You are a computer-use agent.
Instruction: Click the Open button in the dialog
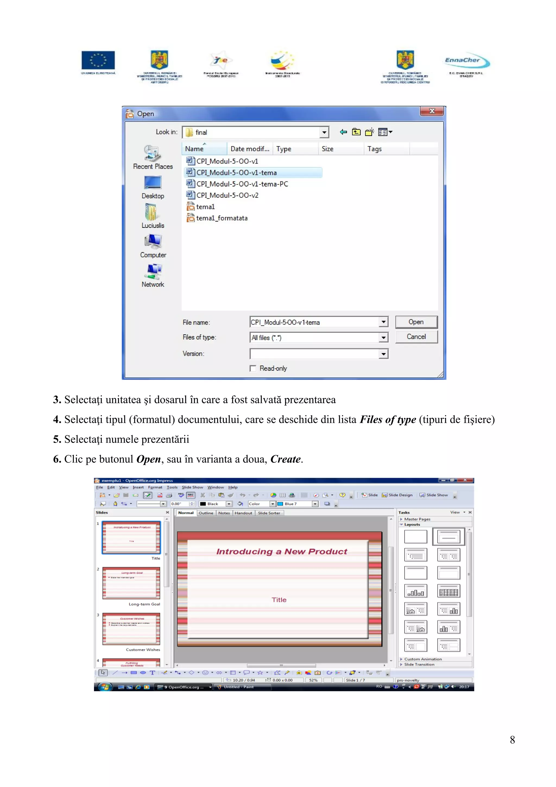pos(416,322)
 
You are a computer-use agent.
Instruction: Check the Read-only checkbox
pos(253,369)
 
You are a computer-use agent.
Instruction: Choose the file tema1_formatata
pos(221,218)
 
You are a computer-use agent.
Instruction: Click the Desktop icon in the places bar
pos(153,187)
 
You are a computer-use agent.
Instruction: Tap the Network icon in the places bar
pos(153,275)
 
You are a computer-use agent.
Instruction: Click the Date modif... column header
pos(249,149)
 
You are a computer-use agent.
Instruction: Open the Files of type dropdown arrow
pos(383,338)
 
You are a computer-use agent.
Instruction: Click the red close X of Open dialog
pos(432,111)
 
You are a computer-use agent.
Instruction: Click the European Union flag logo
pos(98,60)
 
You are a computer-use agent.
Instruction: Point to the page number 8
pos(512,740)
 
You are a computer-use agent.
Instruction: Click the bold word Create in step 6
pos(285,459)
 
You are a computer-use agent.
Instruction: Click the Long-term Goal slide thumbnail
pos(131,583)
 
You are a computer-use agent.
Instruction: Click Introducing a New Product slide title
pos(282,552)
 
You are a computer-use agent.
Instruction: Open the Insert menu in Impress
pos(138,487)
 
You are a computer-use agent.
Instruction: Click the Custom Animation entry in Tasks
pos(423,659)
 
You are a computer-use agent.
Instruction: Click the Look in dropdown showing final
pos(255,132)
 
